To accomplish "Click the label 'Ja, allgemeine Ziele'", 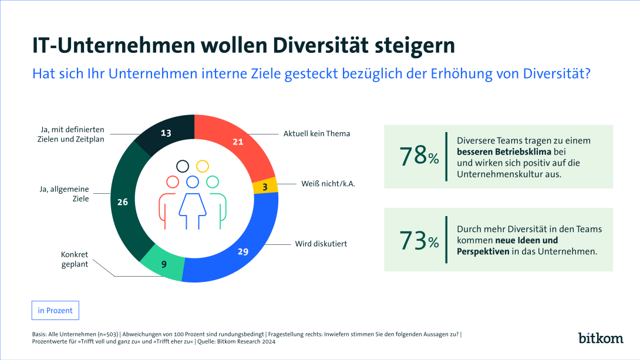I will click(x=65, y=194).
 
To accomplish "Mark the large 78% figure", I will click(x=419, y=156).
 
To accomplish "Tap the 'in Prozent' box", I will click(x=55, y=310).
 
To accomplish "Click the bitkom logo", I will click(x=601, y=338).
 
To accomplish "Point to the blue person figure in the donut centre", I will click(x=192, y=203).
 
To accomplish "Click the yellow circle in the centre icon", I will click(x=202, y=166).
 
